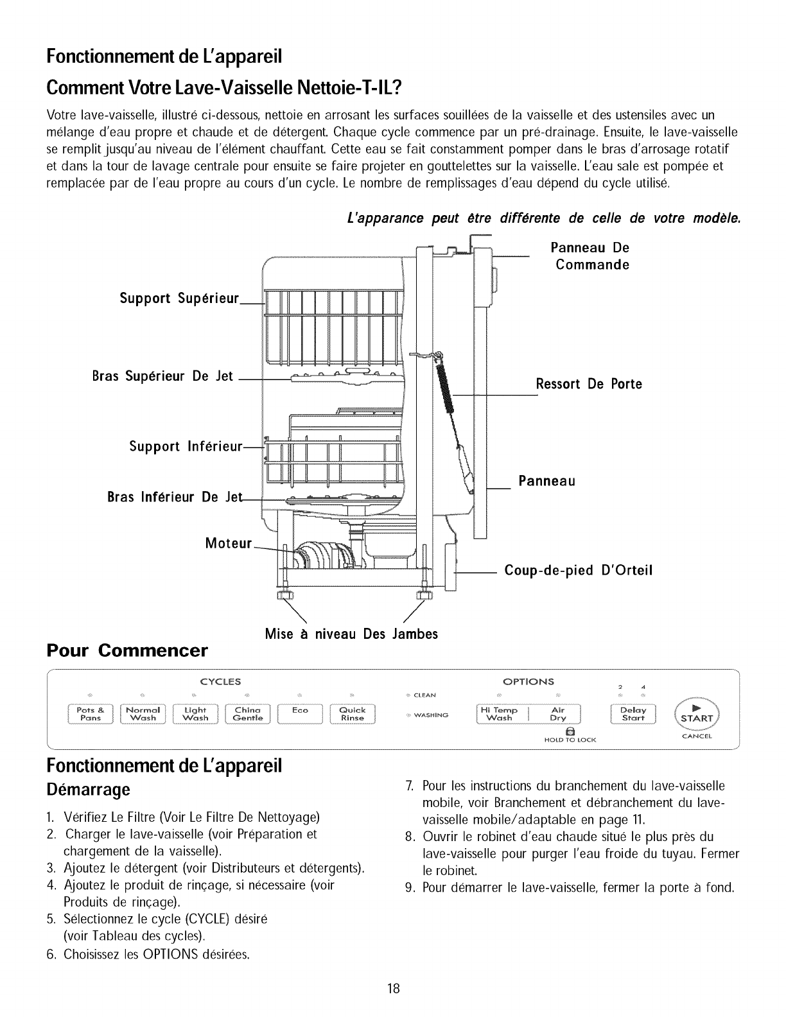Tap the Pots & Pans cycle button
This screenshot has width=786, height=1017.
pyautogui.click(x=94, y=714)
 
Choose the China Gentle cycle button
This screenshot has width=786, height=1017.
pyautogui.click(x=248, y=714)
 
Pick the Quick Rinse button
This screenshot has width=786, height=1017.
pyautogui.click(x=353, y=714)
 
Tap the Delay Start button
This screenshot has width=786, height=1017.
pyautogui.click(x=633, y=714)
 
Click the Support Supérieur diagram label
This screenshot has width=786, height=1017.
pyautogui.click(x=179, y=299)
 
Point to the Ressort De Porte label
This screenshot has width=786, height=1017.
pyautogui.click(x=589, y=384)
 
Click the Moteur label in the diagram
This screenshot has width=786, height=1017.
pyautogui.click(x=228, y=543)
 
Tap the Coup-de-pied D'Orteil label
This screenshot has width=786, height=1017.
pyautogui.click(x=579, y=570)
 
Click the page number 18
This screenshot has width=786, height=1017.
pyautogui.click(x=393, y=988)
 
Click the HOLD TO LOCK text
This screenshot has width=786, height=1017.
pyautogui.click(x=570, y=740)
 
